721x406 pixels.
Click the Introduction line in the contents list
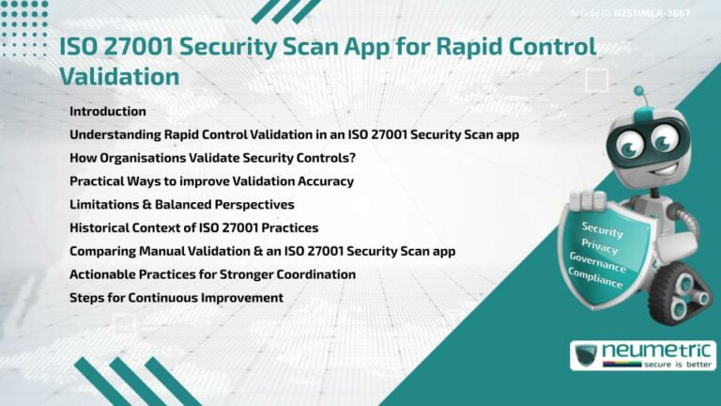108,112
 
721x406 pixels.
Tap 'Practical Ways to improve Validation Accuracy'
211,180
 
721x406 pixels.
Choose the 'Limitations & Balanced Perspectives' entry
182,204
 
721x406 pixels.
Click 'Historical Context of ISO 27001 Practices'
193,227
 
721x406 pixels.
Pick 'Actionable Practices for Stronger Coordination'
212,274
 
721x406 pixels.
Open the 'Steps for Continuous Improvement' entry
176,297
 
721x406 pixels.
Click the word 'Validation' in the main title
119,76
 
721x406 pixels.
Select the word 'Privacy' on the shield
600,247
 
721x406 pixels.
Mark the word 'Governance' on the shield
598,263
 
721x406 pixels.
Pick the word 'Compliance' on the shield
595,279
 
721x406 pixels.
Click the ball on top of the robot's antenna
638,91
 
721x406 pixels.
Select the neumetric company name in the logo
653,351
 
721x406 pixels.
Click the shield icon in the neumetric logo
587,355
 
